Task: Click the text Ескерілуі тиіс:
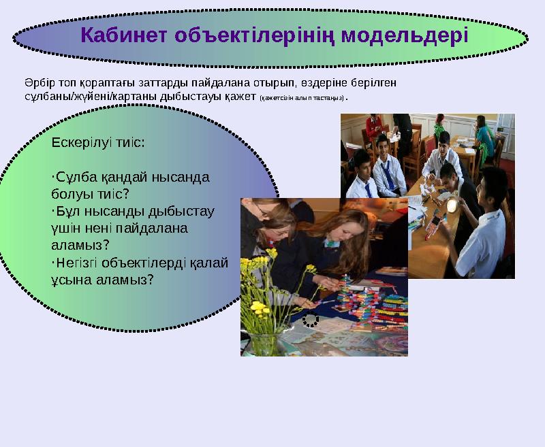coord(97,144)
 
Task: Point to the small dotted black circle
coord(310,319)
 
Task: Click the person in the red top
coord(373,126)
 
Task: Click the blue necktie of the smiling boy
coord(388,174)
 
